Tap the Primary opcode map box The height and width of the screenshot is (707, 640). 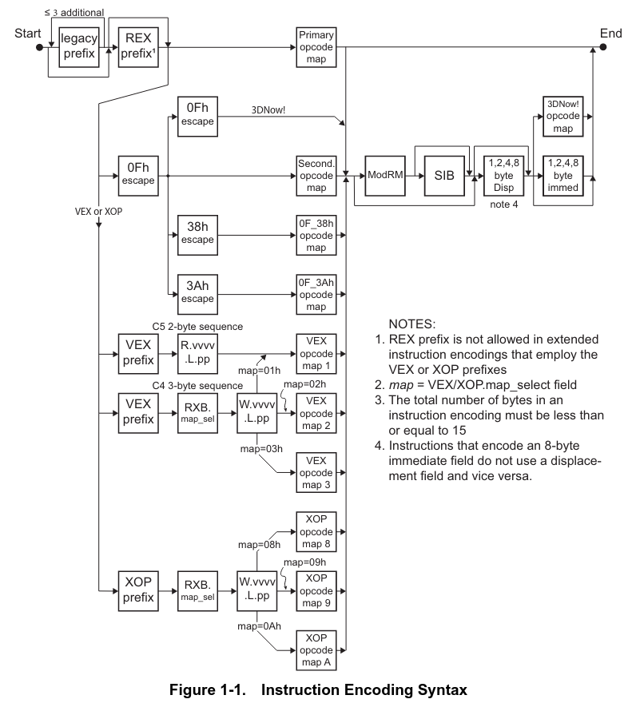click(316, 48)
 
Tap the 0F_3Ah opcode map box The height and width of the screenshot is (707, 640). click(316, 293)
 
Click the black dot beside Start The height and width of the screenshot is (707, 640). click(38, 48)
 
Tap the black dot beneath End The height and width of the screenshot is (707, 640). click(610, 48)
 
